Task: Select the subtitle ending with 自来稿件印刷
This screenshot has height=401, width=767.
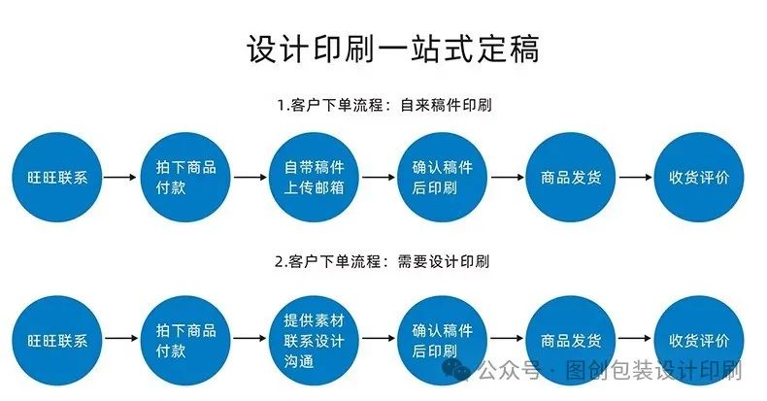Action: (383, 105)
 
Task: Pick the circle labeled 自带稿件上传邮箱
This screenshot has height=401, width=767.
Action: (315, 178)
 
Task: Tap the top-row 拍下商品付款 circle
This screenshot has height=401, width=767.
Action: (185, 178)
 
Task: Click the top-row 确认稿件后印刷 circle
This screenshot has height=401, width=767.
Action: (443, 178)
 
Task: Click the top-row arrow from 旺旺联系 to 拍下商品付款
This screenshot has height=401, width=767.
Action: (120, 178)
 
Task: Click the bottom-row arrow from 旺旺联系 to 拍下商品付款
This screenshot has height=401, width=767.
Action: (120, 339)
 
